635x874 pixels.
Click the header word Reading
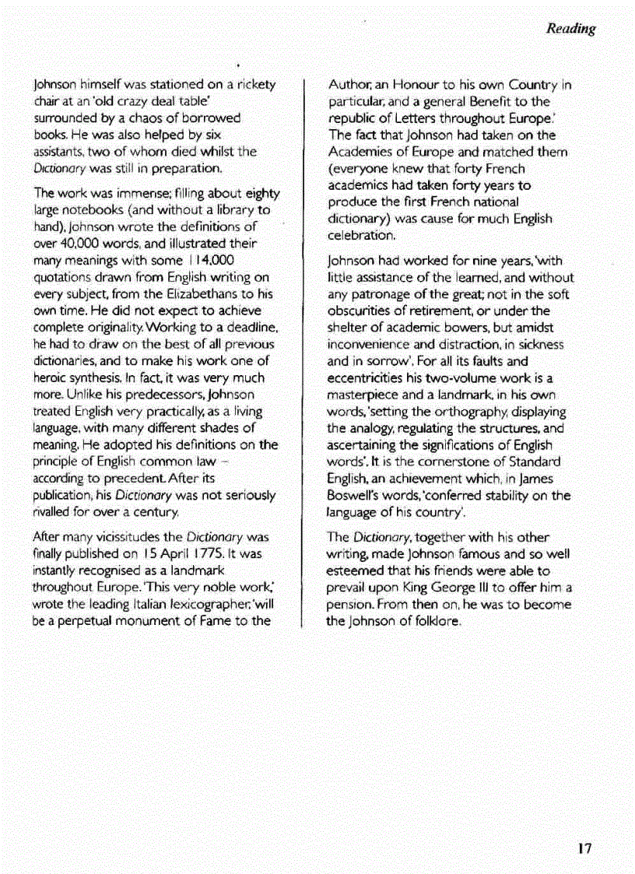click(x=570, y=30)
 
